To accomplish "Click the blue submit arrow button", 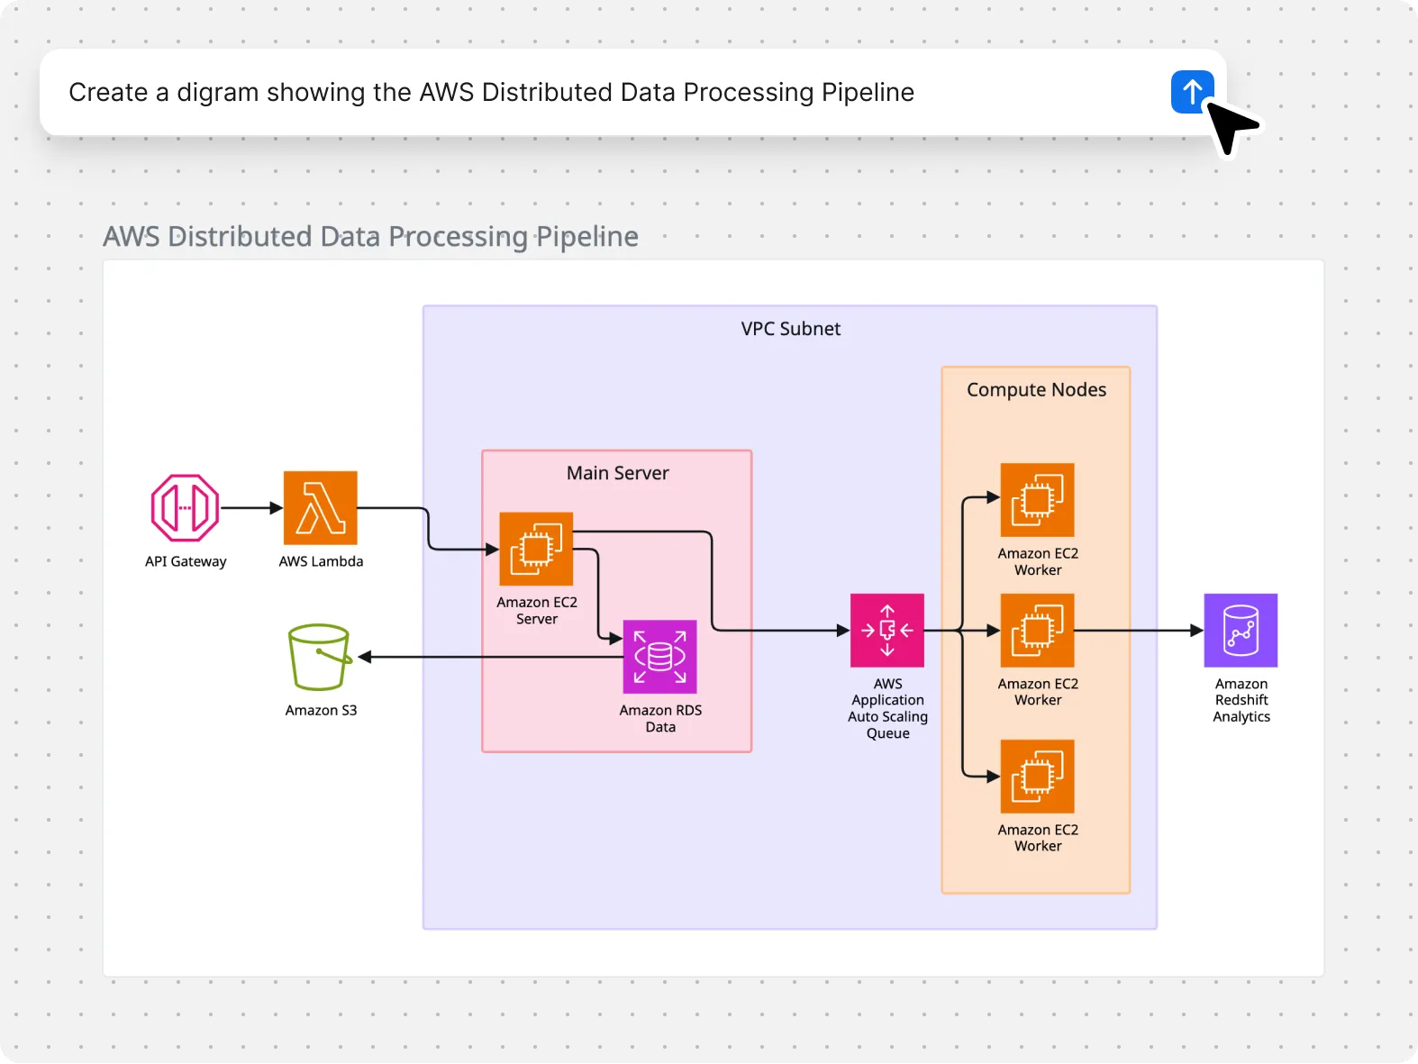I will (1191, 92).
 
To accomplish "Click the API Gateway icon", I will (185, 508).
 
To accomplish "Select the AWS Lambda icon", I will (320, 508).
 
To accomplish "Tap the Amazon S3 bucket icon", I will (319, 657).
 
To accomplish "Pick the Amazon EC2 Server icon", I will (536, 549).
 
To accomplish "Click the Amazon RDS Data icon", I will (659, 657).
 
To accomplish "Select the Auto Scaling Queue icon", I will (886, 631).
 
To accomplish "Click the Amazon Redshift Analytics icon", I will (1241, 631).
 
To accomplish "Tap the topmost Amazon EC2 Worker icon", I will (1037, 500).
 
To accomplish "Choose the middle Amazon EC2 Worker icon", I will (1037, 631).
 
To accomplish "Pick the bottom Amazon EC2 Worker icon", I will (1037, 777).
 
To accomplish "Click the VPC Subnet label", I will (790, 329).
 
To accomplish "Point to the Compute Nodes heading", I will (1036, 390).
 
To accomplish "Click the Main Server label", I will (617, 473).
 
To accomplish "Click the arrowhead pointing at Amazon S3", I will (365, 657).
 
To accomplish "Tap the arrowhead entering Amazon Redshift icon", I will (1197, 631).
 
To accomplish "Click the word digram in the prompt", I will (217, 93).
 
